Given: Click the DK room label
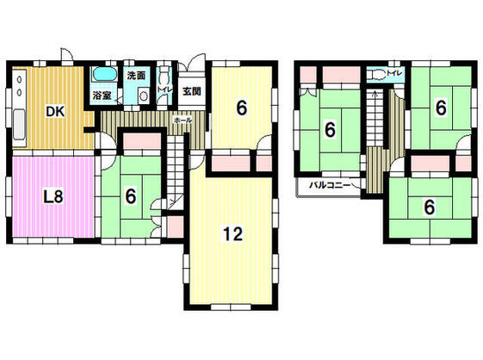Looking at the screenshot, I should (x=53, y=111).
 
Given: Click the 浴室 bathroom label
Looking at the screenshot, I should (x=102, y=96).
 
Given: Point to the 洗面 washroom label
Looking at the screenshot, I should (x=136, y=75).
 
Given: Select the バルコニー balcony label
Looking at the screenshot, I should (x=325, y=185).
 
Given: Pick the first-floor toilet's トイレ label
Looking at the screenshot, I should (x=164, y=89).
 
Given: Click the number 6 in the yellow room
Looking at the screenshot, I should (x=243, y=108).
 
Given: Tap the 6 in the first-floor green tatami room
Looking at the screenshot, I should (x=130, y=196).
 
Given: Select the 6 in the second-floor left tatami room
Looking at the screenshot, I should (x=330, y=131).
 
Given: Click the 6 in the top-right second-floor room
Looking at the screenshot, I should (x=440, y=109).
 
